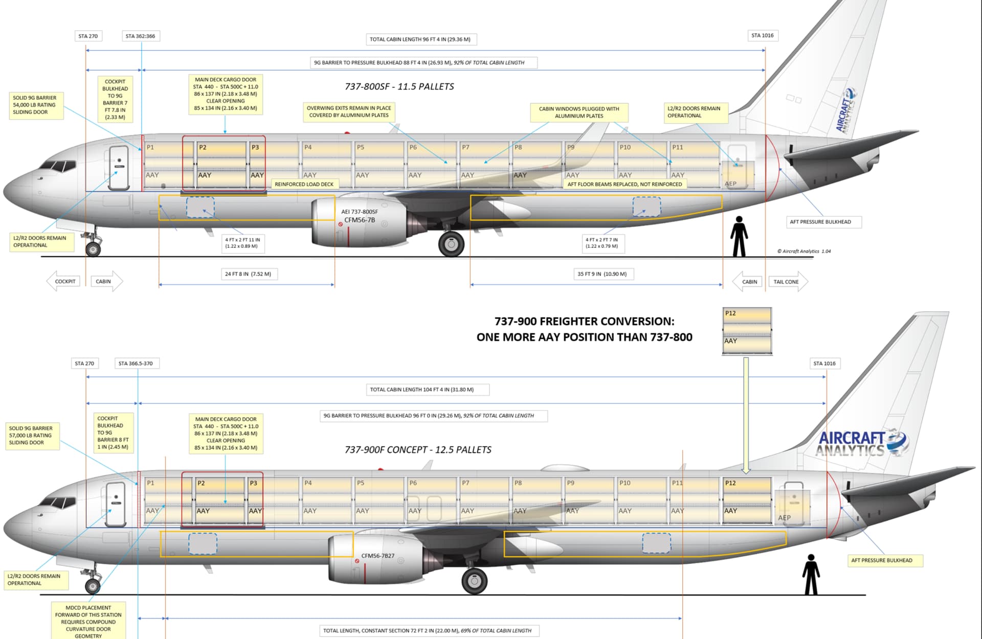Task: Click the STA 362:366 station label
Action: point(140,36)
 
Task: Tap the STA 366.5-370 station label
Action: point(136,363)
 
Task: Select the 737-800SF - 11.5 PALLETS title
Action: point(399,86)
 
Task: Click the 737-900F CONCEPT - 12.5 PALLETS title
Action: point(418,450)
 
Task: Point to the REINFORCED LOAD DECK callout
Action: point(304,184)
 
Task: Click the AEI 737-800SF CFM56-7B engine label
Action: point(360,216)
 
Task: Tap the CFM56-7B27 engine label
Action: point(378,556)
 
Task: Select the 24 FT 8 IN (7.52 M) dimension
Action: point(248,274)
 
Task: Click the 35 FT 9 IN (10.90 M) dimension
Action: point(602,274)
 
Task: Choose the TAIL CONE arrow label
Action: point(787,282)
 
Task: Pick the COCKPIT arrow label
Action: point(64,281)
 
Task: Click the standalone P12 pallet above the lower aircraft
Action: point(747,331)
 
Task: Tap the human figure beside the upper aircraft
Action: point(739,236)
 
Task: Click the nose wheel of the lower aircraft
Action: point(93,586)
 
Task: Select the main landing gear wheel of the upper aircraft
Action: point(451,244)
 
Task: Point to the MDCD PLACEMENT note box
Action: point(88,622)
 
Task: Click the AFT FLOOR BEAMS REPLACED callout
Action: point(624,184)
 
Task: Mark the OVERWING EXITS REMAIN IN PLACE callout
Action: point(349,111)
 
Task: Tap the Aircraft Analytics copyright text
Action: point(804,251)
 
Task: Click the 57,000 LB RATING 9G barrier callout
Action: point(31,436)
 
